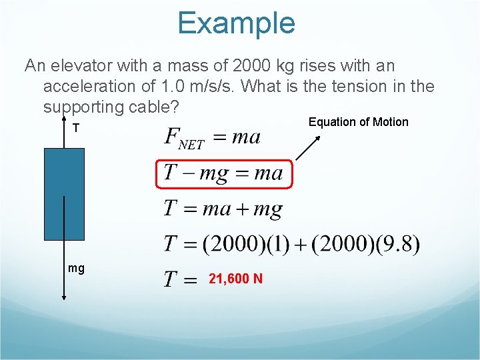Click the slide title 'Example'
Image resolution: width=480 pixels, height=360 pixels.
(x=236, y=23)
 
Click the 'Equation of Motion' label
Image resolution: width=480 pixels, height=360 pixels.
(x=358, y=122)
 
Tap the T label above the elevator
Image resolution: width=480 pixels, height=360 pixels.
(x=76, y=128)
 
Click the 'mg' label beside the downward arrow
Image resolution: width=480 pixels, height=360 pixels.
(x=76, y=268)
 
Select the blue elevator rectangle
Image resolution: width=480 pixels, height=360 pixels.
(x=64, y=193)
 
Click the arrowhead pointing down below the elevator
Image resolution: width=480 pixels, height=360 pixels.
(x=64, y=299)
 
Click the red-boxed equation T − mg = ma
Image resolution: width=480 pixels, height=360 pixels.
(x=223, y=174)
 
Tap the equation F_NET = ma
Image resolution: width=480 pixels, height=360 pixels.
(x=212, y=138)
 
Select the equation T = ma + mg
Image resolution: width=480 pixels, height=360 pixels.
(x=223, y=209)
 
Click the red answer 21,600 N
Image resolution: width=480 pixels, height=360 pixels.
(x=235, y=279)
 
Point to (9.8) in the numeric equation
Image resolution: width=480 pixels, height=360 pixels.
(x=398, y=244)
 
